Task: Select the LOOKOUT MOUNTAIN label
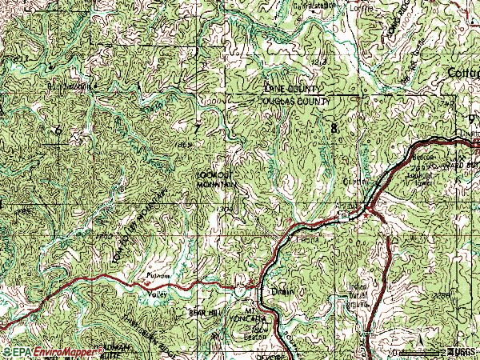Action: (216, 181)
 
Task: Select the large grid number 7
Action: (197, 128)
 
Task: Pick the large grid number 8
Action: (333, 128)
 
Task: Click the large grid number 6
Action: (58, 130)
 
